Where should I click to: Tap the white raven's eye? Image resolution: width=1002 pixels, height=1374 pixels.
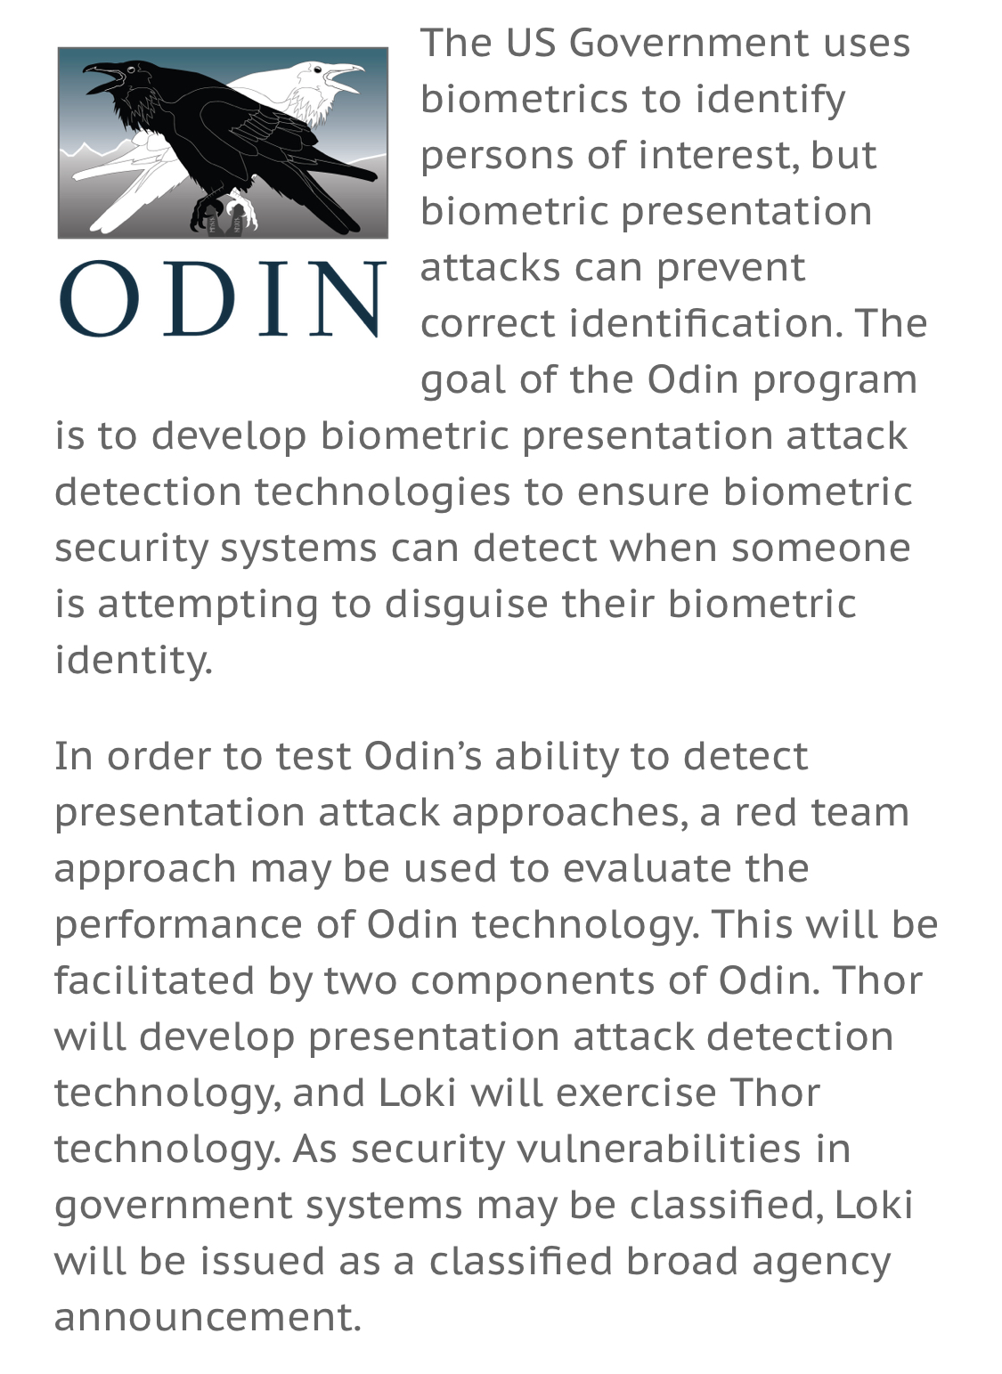(x=317, y=69)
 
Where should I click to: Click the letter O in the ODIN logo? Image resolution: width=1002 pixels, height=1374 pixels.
(x=99, y=298)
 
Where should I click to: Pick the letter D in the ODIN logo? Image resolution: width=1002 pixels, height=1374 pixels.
(x=199, y=299)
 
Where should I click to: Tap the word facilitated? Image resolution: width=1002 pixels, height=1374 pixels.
(x=154, y=980)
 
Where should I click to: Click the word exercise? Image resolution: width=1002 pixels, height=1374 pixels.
(x=636, y=1093)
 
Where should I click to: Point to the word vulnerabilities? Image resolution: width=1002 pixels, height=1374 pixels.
(x=659, y=1149)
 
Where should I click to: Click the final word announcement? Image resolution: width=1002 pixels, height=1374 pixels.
(x=208, y=1317)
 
